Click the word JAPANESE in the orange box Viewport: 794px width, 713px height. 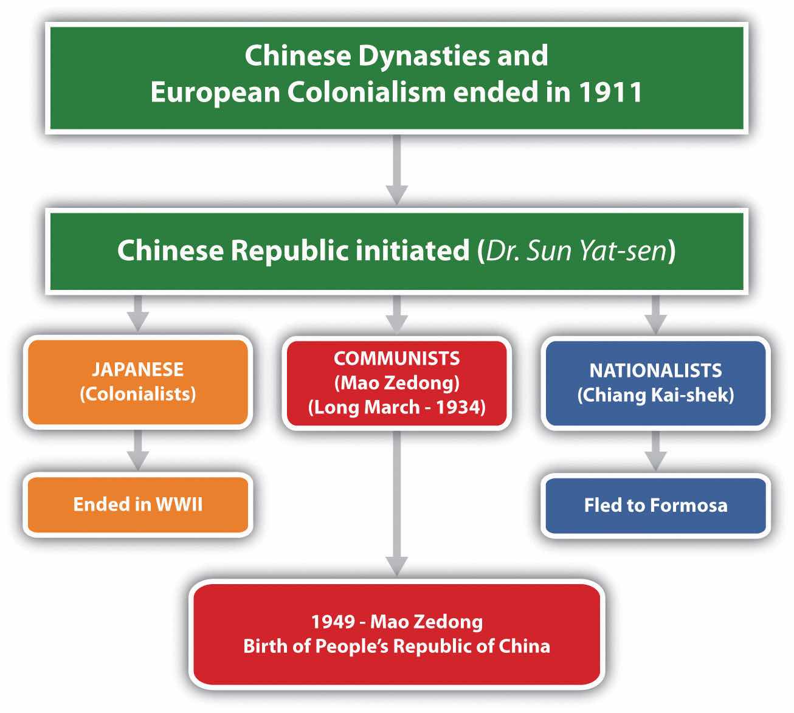pos(138,369)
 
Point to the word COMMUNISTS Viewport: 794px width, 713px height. pos(396,358)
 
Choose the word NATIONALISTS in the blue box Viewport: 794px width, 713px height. pos(655,370)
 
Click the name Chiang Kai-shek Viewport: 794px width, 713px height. pos(655,395)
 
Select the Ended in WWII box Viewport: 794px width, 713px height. pos(138,505)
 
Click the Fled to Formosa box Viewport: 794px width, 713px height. pos(655,505)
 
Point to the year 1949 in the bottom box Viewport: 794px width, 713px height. pos(333,621)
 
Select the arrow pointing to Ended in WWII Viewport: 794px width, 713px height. pos(138,450)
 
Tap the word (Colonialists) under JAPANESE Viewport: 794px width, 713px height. pos(138,394)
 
